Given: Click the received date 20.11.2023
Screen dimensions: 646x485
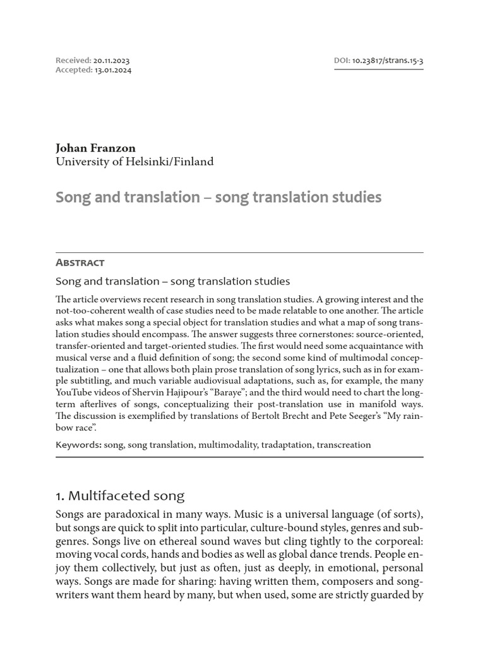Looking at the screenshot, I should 112,61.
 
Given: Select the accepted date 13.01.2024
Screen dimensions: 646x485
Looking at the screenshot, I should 113,70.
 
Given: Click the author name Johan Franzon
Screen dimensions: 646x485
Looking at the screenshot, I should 95,148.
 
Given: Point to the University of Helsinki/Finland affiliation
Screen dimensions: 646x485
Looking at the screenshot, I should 135,161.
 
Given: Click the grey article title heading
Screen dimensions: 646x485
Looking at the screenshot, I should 219,197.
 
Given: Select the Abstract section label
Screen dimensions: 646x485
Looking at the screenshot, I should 80,262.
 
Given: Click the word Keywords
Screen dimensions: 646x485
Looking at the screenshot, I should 78,445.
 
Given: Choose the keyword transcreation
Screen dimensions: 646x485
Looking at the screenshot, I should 344,445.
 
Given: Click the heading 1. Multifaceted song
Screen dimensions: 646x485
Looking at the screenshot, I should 120,496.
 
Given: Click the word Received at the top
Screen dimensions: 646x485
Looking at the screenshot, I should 73,61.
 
